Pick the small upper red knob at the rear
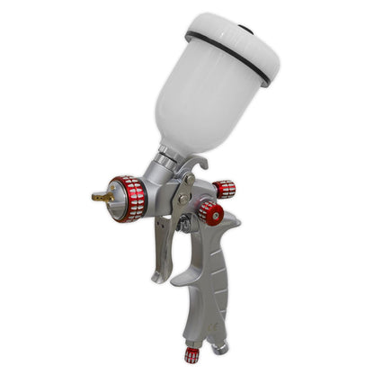pyautogui.click(x=224, y=189)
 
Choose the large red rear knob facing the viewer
pyautogui.click(x=210, y=213)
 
